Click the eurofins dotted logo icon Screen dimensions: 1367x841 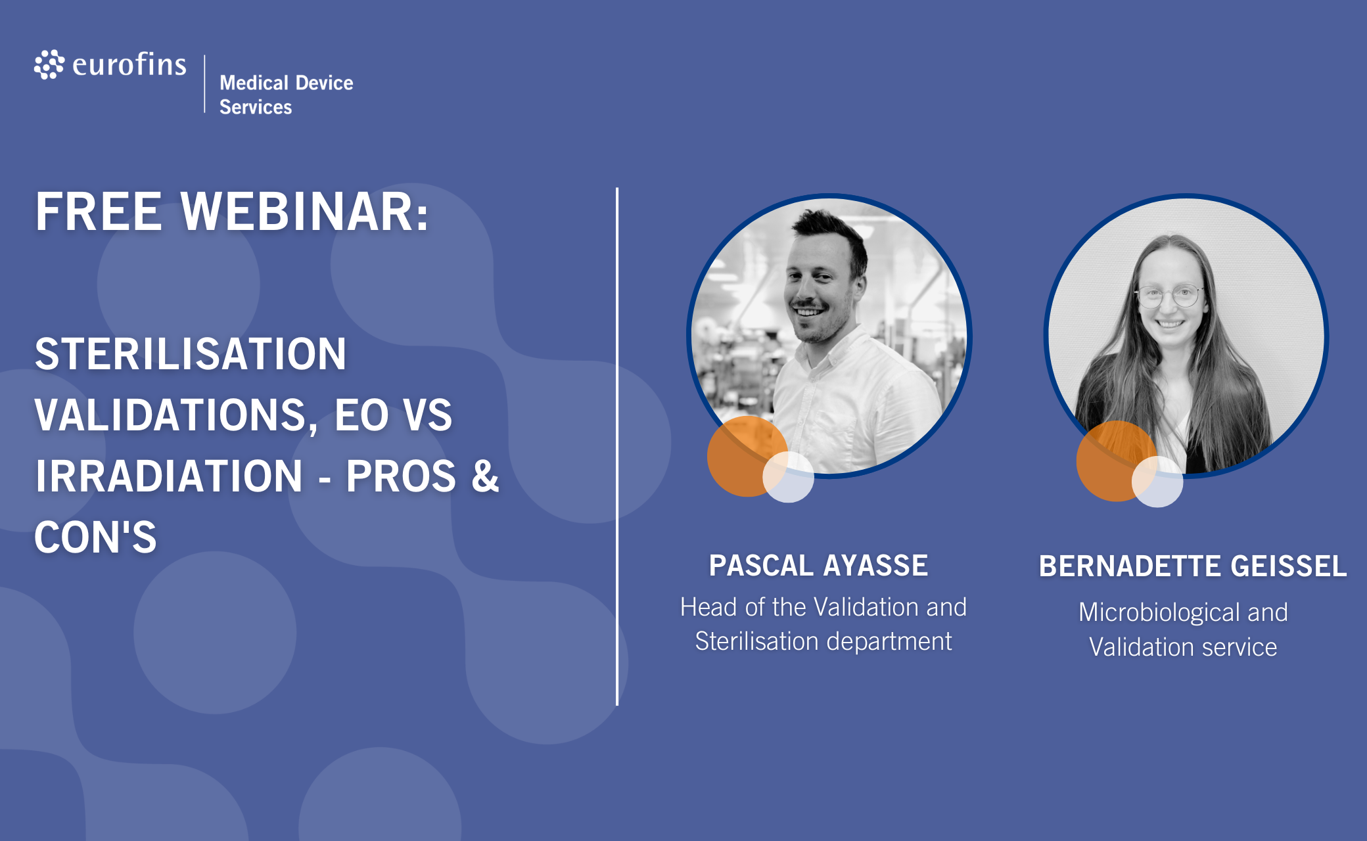[49, 64]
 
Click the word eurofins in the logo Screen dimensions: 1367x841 [129, 64]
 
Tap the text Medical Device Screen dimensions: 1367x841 [287, 83]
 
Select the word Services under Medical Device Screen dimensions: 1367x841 [256, 107]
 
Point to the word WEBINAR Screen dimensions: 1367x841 [305, 212]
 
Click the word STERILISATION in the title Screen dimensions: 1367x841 [191, 354]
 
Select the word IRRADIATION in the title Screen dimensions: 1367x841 [169, 476]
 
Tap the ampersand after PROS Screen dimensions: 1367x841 [485, 476]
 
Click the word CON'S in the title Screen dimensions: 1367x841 [95, 537]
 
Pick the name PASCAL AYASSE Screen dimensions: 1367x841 [818, 566]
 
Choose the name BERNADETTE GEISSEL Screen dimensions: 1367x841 [1193, 566]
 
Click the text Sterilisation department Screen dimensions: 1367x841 [823, 641]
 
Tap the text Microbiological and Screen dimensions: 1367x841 [1183, 612]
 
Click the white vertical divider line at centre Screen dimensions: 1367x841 [617, 447]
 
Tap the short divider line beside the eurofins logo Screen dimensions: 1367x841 [204, 84]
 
